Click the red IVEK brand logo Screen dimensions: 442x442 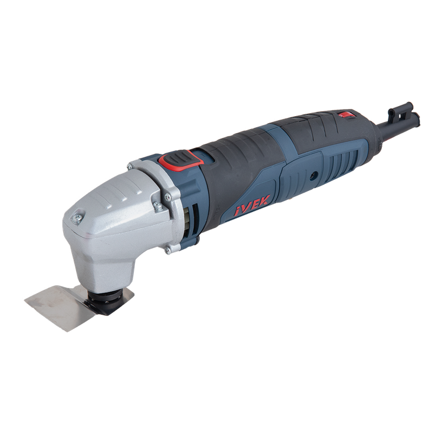point(252,206)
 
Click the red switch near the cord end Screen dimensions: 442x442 point(345,115)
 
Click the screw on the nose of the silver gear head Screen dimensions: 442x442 point(77,218)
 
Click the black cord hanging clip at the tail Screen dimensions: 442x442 point(403,113)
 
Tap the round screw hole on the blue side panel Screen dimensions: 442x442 point(313,176)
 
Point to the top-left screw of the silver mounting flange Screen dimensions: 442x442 point(130,167)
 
